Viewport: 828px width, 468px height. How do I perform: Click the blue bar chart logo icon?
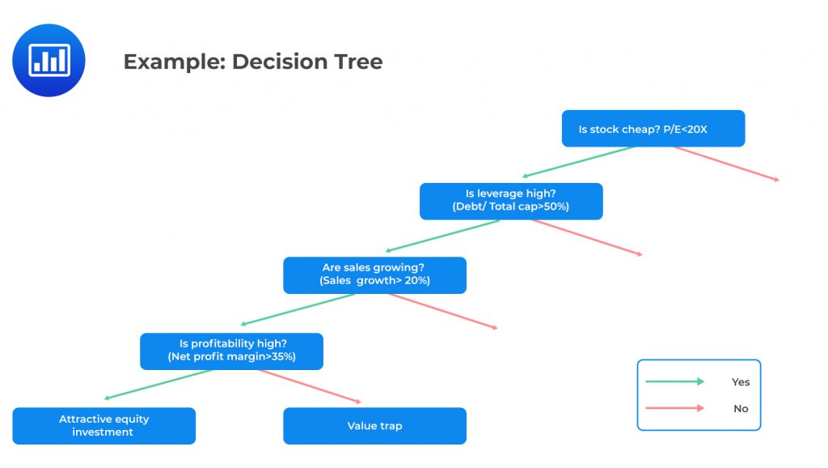(49, 61)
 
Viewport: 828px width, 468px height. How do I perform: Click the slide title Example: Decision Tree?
(252, 62)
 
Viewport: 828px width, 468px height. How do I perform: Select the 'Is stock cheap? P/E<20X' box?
(653, 129)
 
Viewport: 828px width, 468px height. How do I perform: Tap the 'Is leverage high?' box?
(510, 201)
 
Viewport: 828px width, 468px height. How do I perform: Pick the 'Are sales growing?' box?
(374, 275)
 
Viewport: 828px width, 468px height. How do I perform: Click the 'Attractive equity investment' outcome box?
(103, 426)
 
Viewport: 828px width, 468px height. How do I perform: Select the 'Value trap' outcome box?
(374, 426)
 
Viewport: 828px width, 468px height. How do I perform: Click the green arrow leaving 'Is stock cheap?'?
(579, 162)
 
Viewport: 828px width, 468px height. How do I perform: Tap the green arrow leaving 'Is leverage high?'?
(442, 236)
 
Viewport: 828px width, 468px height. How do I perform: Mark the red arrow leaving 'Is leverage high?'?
(585, 237)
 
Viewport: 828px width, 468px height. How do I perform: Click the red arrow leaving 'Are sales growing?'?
(441, 311)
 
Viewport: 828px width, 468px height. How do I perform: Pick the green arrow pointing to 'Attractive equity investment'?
(159, 385)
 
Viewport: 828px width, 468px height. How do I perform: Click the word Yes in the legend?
(740, 382)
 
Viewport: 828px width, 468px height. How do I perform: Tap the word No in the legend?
(740, 409)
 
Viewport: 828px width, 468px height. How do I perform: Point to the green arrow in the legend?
(674, 382)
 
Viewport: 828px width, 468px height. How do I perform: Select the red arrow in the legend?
(674, 408)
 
